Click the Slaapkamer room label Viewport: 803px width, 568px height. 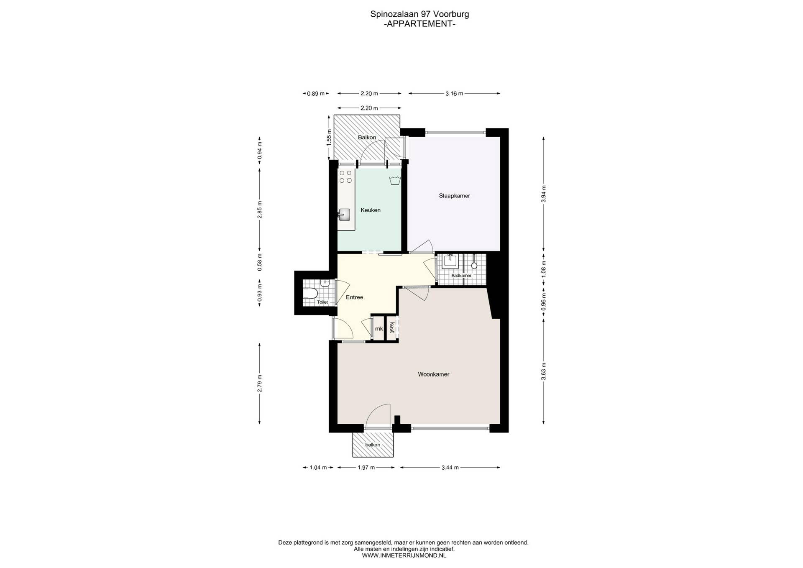tap(454, 196)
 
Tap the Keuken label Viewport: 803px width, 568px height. tap(371, 210)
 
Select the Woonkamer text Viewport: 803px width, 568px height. tap(434, 374)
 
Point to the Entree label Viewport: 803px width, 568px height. tap(354, 297)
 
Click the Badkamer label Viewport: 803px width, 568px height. tap(461, 276)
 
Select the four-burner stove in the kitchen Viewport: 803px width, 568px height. tap(345, 177)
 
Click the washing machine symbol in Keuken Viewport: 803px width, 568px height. tap(395, 181)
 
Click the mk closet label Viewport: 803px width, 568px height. tap(379, 329)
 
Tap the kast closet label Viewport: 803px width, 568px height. tap(392, 327)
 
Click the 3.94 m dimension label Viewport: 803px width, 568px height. tap(543, 194)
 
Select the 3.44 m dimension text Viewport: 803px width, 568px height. tap(450, 467)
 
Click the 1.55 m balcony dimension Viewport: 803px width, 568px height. tap(329, 137)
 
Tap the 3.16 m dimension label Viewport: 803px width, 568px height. tap(454, 94)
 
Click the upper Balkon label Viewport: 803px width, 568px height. tap(367, 137)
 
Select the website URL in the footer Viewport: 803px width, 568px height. tap(404, 555)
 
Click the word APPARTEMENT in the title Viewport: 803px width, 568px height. tap(419, 24)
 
